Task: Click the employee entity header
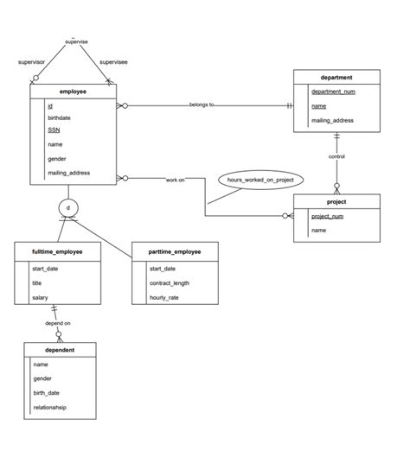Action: tap(73, 91)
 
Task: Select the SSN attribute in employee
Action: tap(54, 130)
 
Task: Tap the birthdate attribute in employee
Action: tap(61, 117)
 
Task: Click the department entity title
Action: tap(336, 77)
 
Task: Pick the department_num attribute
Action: tap(333, 92)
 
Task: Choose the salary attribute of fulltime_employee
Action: tap(41, 296)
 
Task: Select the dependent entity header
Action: tap(59, 350)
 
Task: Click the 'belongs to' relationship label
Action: tap(202, 105)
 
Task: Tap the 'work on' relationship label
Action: tap(176, 180)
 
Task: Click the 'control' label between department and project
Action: tap(336, 156)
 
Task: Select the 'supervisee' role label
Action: tap(115, 62)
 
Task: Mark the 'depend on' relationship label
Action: tap(58, 323)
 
